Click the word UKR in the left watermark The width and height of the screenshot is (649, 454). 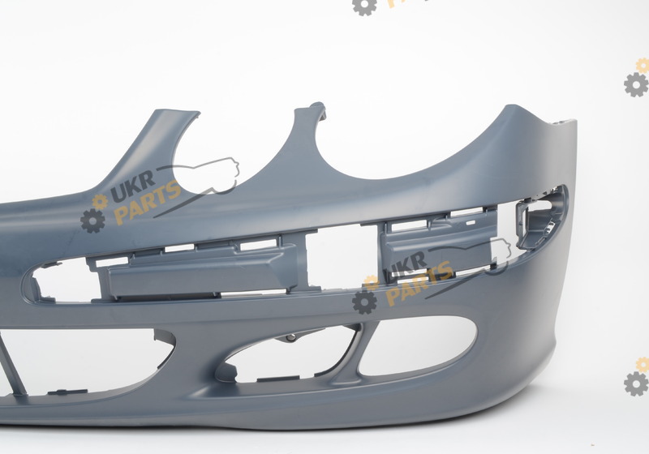click(132, 186)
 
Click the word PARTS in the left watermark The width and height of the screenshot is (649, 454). click(147, 203)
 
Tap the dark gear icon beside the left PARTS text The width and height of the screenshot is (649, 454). click(92, 221)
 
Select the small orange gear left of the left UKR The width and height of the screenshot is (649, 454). click(100, 201)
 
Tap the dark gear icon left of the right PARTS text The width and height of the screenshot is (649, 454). click(364, 302)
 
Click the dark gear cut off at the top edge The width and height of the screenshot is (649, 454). click(364, 6)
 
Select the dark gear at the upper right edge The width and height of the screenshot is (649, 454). click(637, 85)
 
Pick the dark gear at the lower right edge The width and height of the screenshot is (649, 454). click(637, 383)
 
